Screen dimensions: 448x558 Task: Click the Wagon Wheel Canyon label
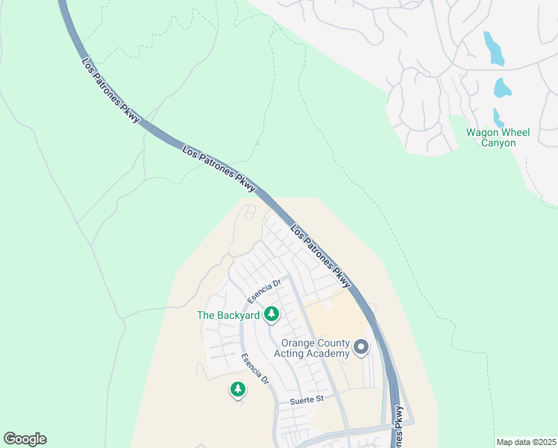click(498, 137)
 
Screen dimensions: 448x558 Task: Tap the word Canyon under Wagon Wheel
click(498, 143)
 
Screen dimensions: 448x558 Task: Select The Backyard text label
click(228, 315)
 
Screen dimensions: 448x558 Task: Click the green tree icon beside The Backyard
click(272, 315)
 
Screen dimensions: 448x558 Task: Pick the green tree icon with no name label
click(238, 389)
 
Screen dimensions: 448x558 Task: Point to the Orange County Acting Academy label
click(315, 348)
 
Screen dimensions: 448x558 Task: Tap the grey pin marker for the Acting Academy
click(361, 347)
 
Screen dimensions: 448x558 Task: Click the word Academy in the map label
click(327, 353)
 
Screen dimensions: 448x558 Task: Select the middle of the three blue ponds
click(502, 88)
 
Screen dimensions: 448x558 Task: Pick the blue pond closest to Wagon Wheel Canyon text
click(498, 117)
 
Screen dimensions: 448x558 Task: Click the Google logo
click(25, 439)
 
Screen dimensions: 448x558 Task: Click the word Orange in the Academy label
click(296, 343)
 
